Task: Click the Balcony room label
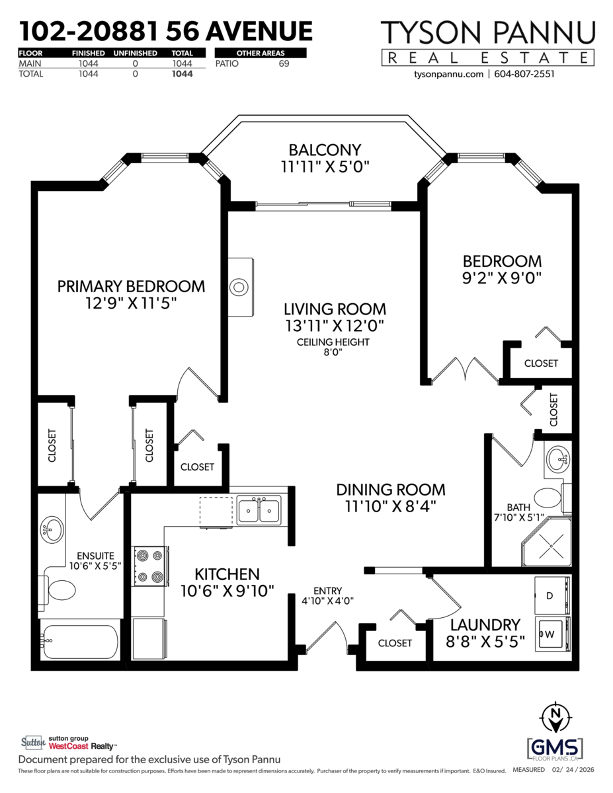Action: [325, 150]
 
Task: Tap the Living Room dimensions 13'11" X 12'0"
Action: [335, 326]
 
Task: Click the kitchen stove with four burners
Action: [150, 566]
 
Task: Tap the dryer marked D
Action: [553, 595]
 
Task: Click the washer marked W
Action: [553, 634]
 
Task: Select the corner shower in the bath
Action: [546, 543]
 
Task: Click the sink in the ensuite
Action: [52, 529]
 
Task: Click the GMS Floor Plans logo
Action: [555, 748]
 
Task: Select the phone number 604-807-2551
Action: [524, 74]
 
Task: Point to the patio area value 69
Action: [284, 64]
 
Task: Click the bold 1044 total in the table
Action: [183, 74]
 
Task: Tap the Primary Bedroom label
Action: [131, 287]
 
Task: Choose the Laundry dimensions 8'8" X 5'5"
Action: [485, 642]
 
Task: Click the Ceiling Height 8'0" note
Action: [333, 347]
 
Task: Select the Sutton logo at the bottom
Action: [33, 742]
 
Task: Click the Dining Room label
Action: [391, 490]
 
